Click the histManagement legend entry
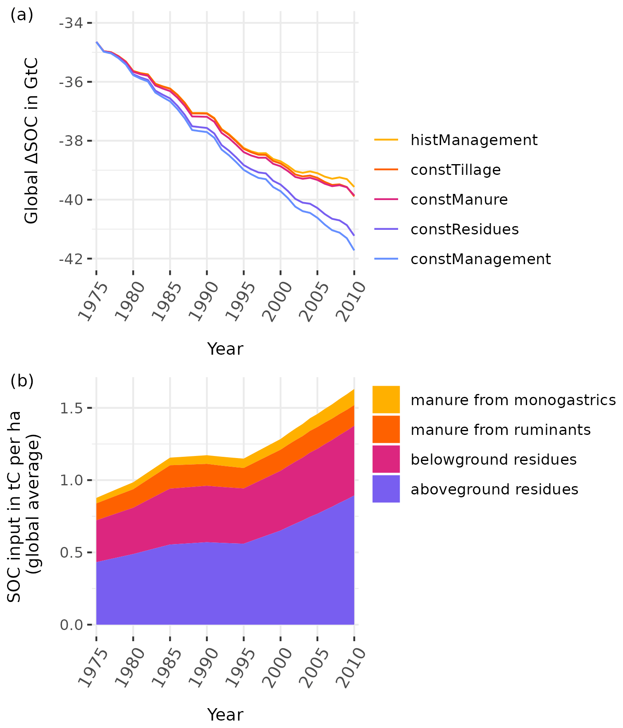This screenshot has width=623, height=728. point(474,140)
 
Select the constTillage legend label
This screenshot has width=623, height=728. point(455,170)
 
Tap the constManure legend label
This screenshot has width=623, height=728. point(459,200)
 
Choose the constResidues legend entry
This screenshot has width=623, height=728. point(464,229)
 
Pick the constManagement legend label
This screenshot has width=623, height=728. point(480,259)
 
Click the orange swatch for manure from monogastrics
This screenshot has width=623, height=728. point(386,400)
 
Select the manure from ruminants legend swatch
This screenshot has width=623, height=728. point(386,430)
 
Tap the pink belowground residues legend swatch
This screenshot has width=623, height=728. point(386,459)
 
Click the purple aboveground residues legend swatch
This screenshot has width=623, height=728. point(386,489)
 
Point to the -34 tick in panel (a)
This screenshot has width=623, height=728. point(70,23)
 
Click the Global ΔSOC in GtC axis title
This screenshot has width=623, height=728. point(31,141)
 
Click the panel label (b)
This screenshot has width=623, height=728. point(21,381)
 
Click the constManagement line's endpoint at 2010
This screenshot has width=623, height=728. point(354,250)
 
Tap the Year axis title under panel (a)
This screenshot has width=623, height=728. point(225,349)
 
